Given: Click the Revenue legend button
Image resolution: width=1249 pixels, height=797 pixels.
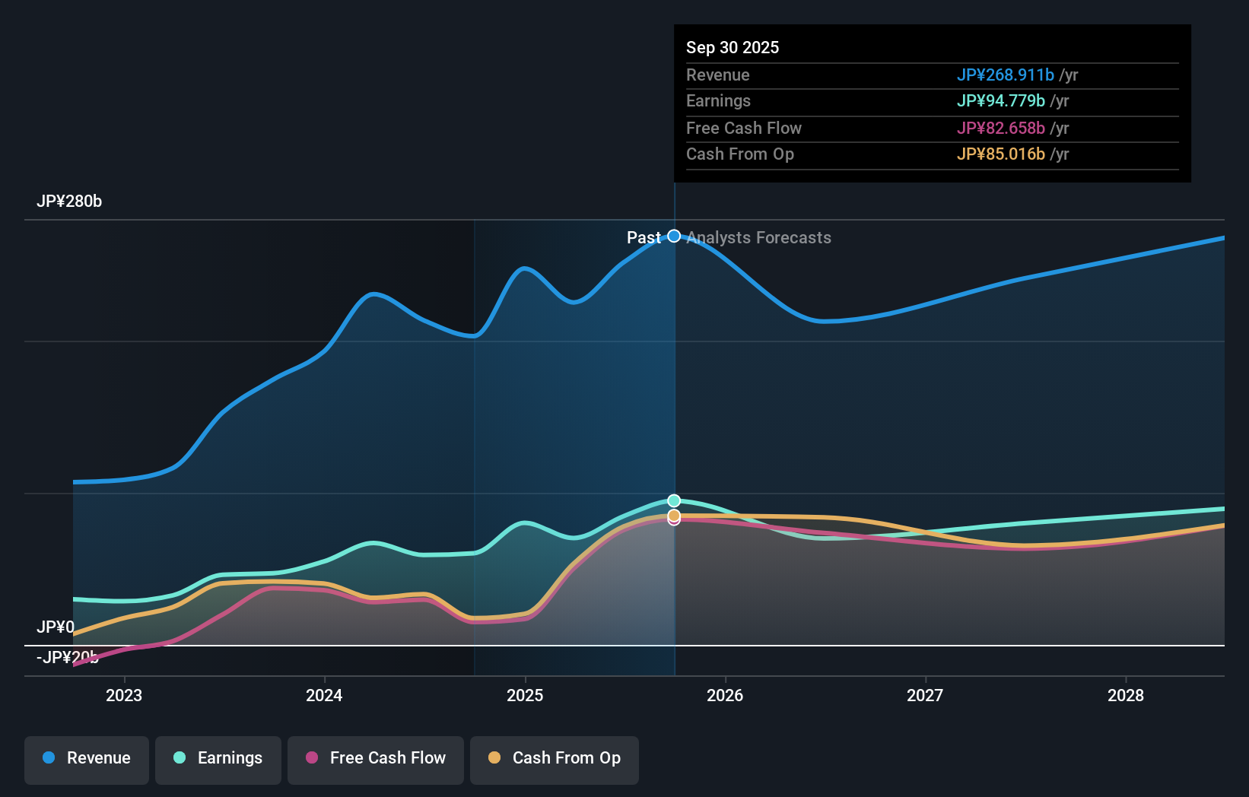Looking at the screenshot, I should (x=87, y=758).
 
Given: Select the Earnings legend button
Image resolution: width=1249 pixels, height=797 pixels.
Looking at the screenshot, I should (x=218, y=758).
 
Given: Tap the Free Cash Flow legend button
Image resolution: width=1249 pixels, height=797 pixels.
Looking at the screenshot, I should (x=376, y=758).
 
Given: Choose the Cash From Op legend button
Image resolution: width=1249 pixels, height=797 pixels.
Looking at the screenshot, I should (x=555, y=758).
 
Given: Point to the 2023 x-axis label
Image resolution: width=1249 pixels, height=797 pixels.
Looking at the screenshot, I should (x=124, y=695).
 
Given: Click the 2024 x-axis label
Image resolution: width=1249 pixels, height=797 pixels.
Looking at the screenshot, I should (x=324, y=695).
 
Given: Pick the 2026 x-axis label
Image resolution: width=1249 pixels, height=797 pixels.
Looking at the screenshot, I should (x=725, y=695).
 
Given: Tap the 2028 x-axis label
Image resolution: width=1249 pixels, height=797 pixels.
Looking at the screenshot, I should (x=1125, y=695).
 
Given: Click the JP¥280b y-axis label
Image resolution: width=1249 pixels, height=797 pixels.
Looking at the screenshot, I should (x=69, y=202).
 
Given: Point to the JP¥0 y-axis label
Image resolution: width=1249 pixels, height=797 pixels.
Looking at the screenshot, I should (x=56, y=627).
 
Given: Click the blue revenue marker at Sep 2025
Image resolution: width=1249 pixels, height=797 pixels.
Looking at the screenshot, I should (x=674, y=237).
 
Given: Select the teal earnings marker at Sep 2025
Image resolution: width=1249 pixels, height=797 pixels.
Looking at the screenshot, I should (x=674, y=500).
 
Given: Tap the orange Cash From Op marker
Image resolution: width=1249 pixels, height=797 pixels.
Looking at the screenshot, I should (x=674, y=516).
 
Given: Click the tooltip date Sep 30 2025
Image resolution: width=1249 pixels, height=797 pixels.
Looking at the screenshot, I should (x=733, y=48).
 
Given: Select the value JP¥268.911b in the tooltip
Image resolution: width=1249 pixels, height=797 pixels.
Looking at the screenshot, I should (x=1005, y=75).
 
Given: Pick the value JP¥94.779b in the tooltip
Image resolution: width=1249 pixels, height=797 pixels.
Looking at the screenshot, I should (x=1000, y=101).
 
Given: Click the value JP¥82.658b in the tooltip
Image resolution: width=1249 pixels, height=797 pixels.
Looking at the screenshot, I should (x=1000, y=129).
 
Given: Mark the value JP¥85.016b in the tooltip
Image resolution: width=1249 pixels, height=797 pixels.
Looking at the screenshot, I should (x=1000, y=154).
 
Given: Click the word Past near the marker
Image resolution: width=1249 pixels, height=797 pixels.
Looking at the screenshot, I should (x=644, y=238).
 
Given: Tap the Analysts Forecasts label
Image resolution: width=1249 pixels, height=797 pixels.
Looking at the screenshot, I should (x=758, y=238).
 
